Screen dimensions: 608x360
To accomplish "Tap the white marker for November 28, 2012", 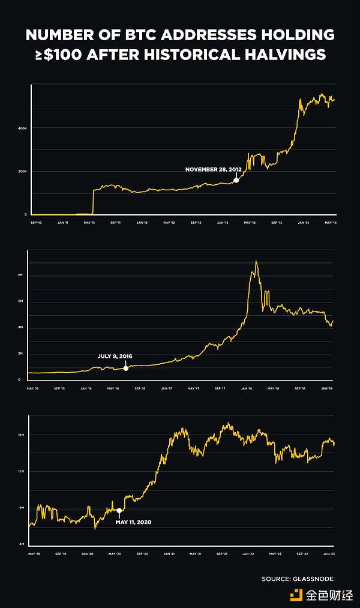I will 236,179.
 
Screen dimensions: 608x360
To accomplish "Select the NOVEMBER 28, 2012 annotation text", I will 213,169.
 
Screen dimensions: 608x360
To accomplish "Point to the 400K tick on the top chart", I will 22,128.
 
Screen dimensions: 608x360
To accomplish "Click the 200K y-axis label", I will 22,172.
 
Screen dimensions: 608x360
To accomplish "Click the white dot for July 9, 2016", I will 125,367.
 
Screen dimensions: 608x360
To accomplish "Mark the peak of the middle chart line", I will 256,261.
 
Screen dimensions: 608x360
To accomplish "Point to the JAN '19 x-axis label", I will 327,388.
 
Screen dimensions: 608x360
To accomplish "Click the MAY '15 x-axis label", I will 34,388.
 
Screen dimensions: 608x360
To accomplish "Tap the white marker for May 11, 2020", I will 119,511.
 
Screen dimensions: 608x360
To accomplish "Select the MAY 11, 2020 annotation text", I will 133,522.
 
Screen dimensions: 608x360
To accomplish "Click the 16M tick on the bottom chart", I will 21,434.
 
